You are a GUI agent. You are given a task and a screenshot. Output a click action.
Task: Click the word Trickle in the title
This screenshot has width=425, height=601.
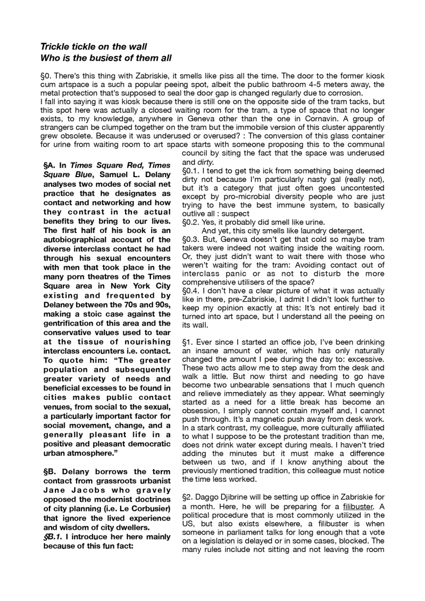(x=56, y=47)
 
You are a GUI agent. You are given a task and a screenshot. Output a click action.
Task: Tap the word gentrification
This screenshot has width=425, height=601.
(x=69, y=323)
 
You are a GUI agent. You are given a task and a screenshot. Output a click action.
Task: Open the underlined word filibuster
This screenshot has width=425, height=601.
(x=359, y=506)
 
